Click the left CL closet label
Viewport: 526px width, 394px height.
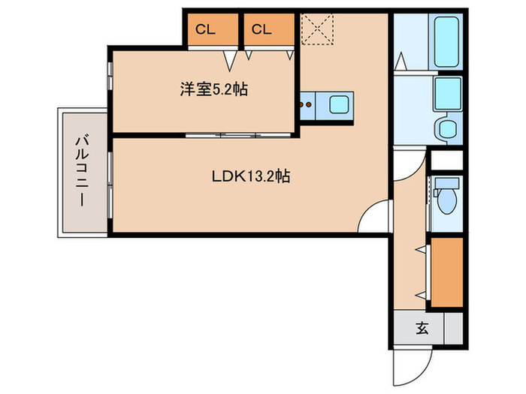(204, 29)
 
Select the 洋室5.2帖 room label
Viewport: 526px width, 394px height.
(213, 89)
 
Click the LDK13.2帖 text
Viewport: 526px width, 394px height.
(250, 178)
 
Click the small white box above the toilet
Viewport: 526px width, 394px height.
(446, 161)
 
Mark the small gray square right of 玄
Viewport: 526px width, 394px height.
(453, 329)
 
